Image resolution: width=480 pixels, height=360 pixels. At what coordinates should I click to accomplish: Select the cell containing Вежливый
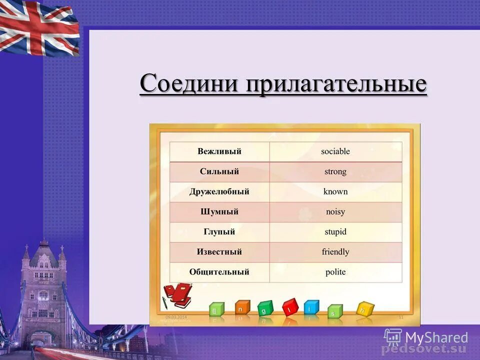click(219, 151)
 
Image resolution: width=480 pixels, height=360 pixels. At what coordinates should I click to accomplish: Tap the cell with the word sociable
click(335, 151)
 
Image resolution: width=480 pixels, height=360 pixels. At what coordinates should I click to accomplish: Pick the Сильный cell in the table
click(219, 171)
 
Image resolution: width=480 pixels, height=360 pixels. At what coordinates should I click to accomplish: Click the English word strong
click(335, 171)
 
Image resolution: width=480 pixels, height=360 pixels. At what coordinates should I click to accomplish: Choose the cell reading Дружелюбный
click(219, 191)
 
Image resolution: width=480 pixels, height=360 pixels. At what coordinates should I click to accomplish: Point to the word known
click(335, 191)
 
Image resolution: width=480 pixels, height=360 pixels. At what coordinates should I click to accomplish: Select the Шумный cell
click(219, 212)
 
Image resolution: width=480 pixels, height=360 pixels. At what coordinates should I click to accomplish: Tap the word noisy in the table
click(335, 212)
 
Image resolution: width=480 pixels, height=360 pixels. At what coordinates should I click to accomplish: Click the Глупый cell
click(219, 232)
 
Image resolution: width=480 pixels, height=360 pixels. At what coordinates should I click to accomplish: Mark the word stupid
click(335, 232)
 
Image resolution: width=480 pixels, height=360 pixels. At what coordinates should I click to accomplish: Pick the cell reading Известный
click(219, 252)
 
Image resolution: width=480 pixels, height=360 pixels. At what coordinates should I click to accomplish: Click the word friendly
click(335, 252)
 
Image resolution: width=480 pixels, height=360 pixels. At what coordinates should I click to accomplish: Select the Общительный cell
click(219, 272)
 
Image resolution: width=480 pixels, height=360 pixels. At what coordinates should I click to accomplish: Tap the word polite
click(335, 272)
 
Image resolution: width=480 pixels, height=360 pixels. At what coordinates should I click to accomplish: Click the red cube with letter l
click(290, 307)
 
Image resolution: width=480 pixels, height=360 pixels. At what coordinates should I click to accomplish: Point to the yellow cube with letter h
click(365, 309)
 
